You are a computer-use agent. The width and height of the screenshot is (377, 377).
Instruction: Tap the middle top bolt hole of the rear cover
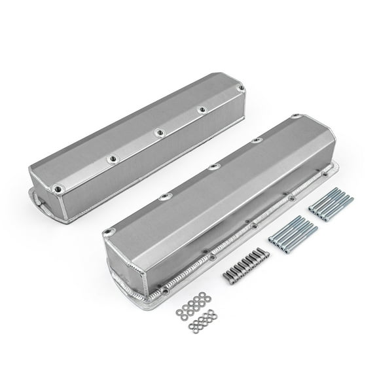pyautogui.click(x=159, y=133)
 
